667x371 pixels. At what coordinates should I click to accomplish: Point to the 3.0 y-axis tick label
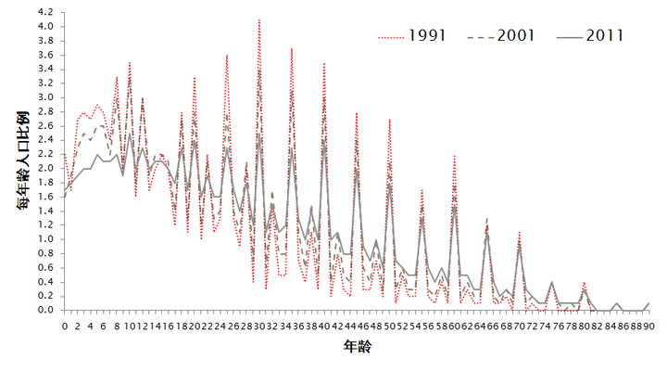46,97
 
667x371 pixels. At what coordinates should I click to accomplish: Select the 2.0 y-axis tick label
46,168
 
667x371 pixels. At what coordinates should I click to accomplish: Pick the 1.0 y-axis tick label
46,239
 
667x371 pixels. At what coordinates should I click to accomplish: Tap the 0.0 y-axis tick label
46,311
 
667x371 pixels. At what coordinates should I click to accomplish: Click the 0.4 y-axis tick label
46,282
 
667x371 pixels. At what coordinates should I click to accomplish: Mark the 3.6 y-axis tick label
46,55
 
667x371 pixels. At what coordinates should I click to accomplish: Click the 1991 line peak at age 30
259,19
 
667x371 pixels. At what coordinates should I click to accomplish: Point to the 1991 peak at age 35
292,48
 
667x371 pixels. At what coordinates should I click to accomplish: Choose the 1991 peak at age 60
455,156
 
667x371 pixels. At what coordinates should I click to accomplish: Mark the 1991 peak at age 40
324,63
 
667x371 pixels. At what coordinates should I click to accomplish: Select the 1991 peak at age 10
130,62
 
